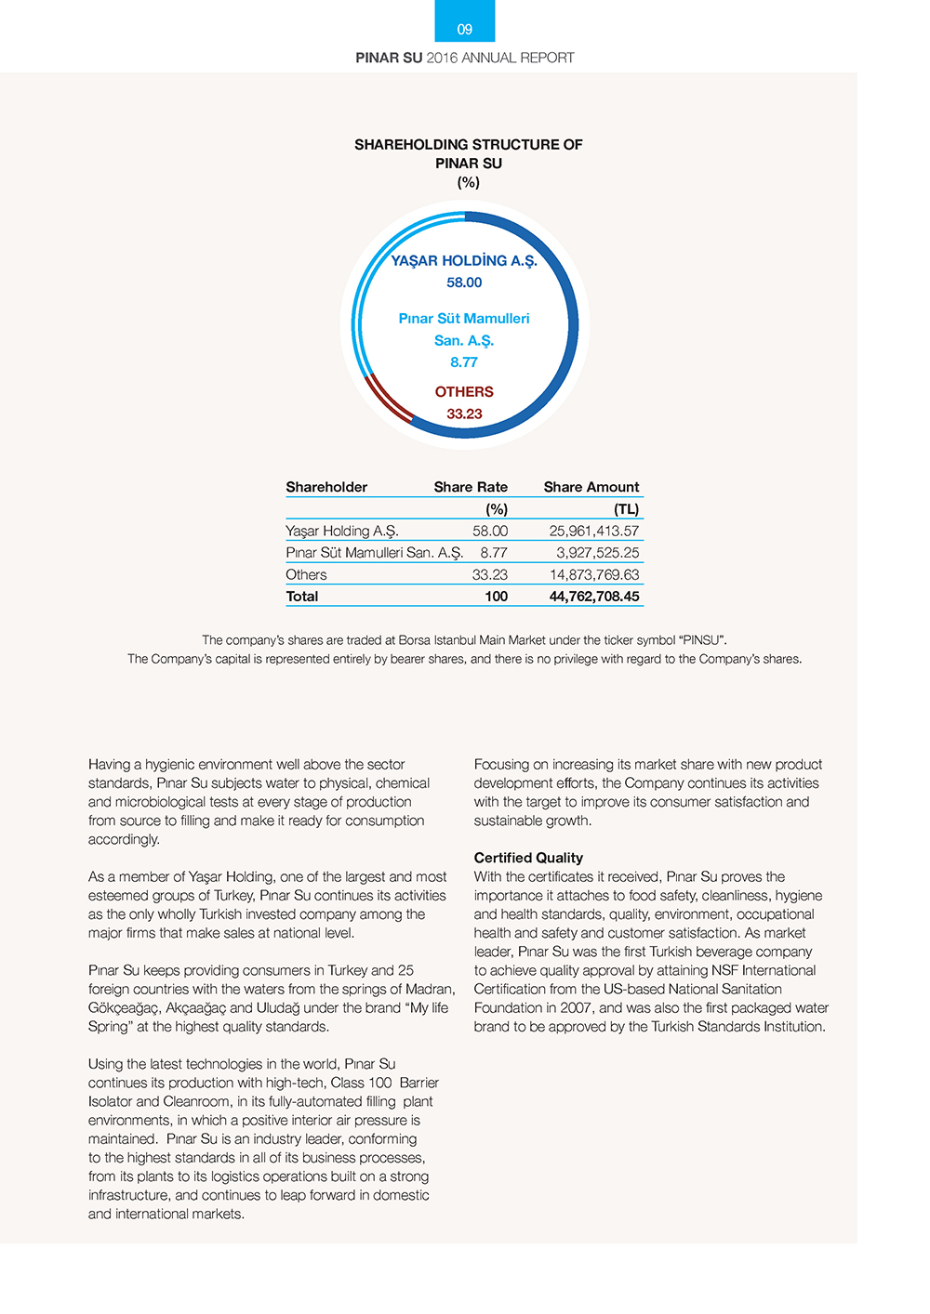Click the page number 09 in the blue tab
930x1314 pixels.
[465, 30]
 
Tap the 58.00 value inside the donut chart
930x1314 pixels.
[464, 283]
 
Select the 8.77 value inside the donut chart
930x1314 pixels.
[464, 362]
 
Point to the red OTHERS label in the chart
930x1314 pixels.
[464, 392]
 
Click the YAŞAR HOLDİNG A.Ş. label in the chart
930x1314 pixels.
[464, 261]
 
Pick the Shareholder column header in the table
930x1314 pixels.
[326, 487]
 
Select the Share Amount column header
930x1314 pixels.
[591, 487]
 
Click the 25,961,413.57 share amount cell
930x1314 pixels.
[594, 531]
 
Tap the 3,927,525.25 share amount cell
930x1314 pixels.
[598, 553]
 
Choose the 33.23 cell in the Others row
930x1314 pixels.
[490, 575]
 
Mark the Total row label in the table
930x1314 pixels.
[302, 597]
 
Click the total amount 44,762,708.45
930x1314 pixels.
[594, 597]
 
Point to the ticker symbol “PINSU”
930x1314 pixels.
[702, 640]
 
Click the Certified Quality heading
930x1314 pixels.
[528, 858]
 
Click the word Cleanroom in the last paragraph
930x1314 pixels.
[194, 1101]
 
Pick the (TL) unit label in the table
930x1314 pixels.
[627, 509]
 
